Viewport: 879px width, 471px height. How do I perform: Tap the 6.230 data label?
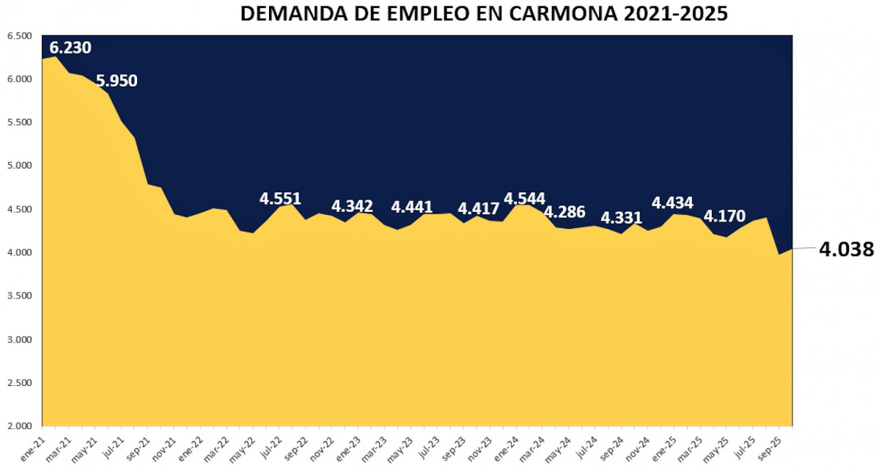tap(70, 48)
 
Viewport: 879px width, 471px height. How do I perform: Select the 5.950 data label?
tap(117, 81)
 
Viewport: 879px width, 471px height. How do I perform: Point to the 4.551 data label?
tap(280, 199)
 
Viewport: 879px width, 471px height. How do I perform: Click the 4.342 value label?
tap(352, 206)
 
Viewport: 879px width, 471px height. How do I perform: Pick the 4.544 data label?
tap(525, 199)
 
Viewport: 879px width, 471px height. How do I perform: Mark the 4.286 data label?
tap(564, 213)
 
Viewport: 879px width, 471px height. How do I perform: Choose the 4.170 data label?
tap(724, 216)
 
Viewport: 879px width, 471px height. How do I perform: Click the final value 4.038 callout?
tap(846, 249)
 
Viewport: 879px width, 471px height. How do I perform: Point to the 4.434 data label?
tap(672, 202)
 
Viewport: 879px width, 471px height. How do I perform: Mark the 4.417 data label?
tap(479, 209)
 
